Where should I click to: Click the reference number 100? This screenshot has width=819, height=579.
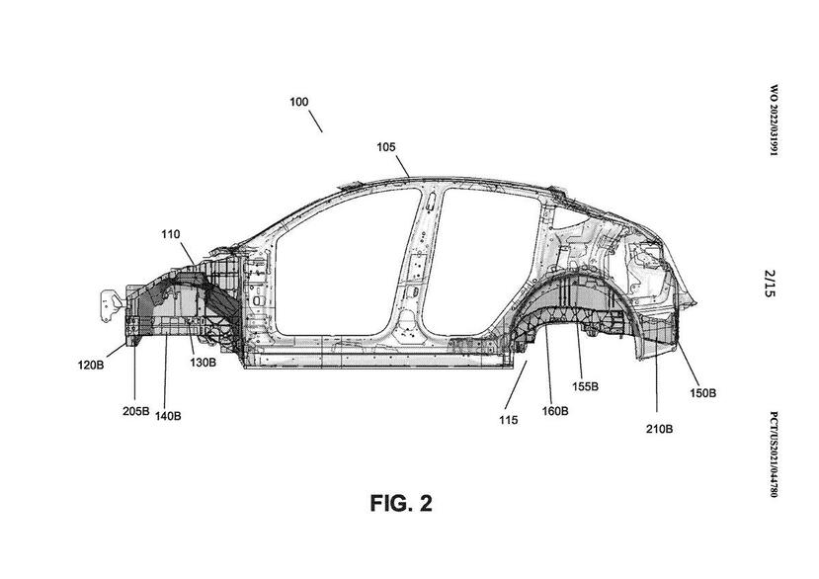(x=298, y=102)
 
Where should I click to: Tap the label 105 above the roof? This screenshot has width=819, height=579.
(x=385, y=147)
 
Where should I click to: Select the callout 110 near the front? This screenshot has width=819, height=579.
(x=172, y=234)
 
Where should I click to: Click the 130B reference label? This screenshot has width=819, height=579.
(x=204, y=363)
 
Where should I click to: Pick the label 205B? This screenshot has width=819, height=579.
(x=136, y=410)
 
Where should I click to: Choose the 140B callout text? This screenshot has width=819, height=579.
(x=168, y=416)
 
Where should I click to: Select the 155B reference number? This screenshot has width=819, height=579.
(x=587, y=386)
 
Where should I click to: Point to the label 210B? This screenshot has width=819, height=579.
(x=659, y=428)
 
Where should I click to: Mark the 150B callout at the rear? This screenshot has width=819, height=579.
(x=702, y=393)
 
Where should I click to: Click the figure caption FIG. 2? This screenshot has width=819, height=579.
(x=400, y=504)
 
